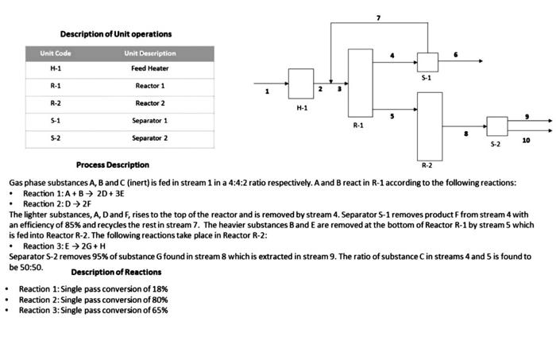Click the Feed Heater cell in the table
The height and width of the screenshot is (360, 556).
[x=149, y=68]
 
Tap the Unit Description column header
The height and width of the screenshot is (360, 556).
[x=149, y=53]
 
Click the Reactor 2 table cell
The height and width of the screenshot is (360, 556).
[x=149, y=103]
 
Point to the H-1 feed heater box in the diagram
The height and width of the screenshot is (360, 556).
[x=300, y=84]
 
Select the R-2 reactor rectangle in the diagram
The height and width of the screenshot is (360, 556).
[x=430, y=125]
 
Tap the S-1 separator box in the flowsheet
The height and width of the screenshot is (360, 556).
[x=427, y=61]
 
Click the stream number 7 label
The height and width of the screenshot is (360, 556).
[x=378, y=17]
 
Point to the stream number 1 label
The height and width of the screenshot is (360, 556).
[x=267, y=92]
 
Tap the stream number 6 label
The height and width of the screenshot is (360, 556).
[x=455, y=54]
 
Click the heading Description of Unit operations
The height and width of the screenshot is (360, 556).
[x=115, y=33]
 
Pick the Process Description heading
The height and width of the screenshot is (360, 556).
[x=112, y=165]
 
